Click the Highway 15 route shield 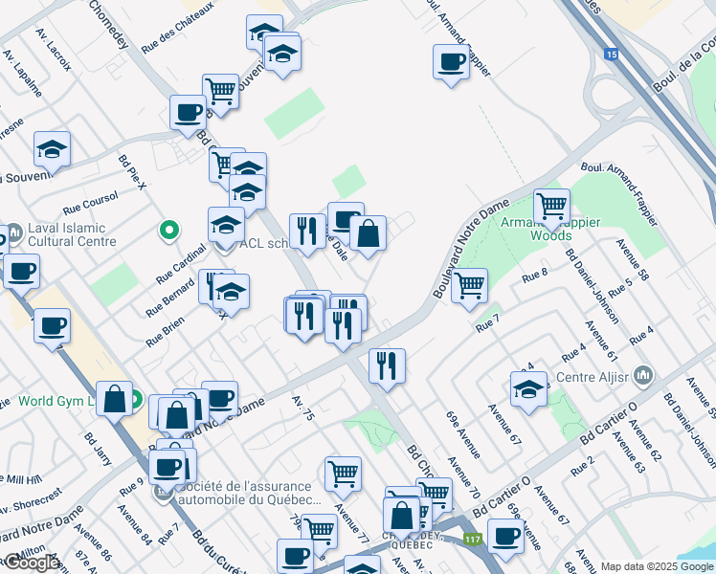click(x=611, y=55)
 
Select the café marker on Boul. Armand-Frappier click(x=450, y=64)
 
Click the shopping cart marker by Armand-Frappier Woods click(x=551, y=206)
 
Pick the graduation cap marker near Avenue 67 click(x=528, y=390)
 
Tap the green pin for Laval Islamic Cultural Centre click(x=169, y=230)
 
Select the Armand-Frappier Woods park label click(x=551, y=229)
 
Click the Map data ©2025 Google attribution click(x=657, y=566)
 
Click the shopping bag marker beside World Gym click(x=114, y=400)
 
